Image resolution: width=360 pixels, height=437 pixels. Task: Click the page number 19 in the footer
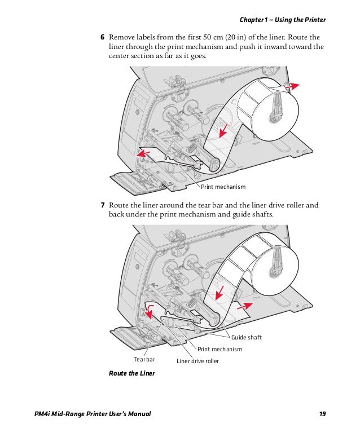322,415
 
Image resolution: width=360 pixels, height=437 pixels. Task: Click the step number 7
102,205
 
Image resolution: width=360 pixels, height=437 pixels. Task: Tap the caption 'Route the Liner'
131,373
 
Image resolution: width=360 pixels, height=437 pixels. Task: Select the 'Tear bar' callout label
144,359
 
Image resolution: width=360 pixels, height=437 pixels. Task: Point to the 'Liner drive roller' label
197,361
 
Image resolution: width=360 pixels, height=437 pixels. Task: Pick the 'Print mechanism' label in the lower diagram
219,349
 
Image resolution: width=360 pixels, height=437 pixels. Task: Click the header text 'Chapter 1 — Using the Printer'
283,20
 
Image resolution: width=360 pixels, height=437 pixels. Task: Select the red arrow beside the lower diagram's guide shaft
245,306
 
